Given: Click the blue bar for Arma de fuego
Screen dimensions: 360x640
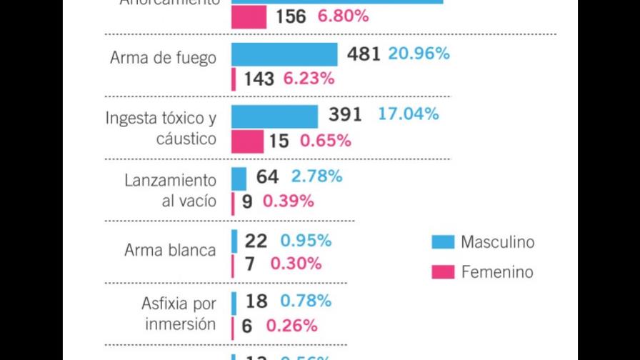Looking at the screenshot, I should (284, 54).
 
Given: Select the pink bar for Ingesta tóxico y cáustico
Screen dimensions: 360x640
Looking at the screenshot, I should (247, 141).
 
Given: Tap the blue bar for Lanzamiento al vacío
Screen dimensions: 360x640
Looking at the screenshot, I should (239, 178).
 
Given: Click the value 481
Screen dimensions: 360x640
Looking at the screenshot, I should (364, 54).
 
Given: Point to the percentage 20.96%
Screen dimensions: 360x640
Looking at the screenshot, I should (419, 54).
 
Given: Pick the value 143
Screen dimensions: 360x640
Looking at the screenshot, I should (259, 79).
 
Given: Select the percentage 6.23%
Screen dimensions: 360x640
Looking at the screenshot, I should (309, 79).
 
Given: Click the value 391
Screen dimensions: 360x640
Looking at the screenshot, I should (345, 115).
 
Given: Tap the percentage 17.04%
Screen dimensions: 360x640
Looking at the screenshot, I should (408, 114).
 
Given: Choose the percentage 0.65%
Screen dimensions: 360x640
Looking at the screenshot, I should (325, 141).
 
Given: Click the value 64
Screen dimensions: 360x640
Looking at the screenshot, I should (267, 176).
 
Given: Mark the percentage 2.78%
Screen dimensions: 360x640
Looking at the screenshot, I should (316, 176).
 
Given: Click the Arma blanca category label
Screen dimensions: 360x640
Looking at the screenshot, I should (170, 250).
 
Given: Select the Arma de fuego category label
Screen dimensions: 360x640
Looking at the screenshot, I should (163, 58).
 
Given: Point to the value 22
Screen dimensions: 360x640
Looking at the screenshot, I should (256, 241).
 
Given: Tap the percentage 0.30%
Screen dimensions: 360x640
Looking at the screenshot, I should (296, 264).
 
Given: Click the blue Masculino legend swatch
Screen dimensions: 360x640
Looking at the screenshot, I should (443, 242).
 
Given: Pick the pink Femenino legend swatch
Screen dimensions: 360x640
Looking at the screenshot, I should (443, 271).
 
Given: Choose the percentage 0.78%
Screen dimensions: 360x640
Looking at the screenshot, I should (306, 301).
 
